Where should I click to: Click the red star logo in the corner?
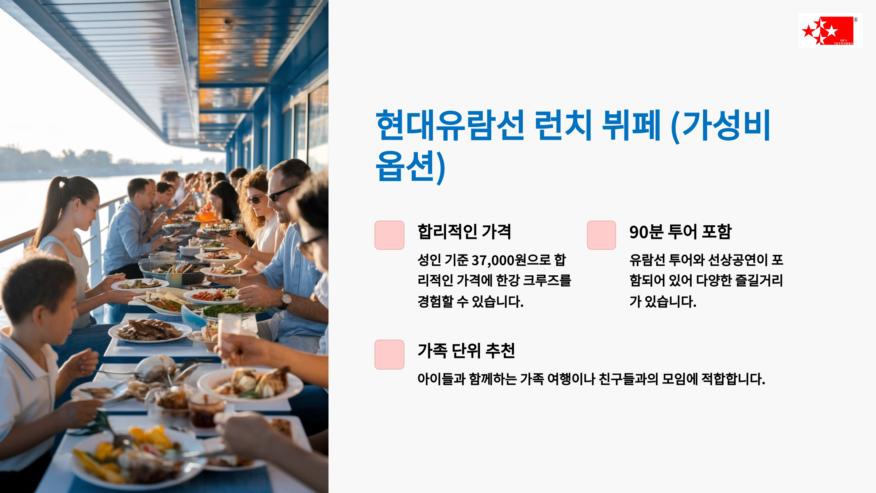pyautogui.click(x=830, y=31)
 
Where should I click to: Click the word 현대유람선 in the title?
pyautogui.click(x=450, y=125)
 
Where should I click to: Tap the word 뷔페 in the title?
pyautogui.click(x=631, y=125)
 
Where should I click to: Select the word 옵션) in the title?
pyautogui.click(x=411, y=166)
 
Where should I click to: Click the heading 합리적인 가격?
pyautogui.click(x=464, y=232)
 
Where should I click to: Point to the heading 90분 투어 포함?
pyautogui.click(x=680, y=232)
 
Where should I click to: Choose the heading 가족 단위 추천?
pyautogui.click(x=466, y=351)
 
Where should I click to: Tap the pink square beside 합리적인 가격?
pyautogui.click(x=389, y=235)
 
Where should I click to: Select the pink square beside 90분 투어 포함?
pyautogui.click(x=602, y=235)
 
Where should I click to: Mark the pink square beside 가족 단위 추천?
pyautogui.click(x=389, y=354)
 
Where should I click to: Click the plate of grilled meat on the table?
pyautogui.click(x=150, y=330)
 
